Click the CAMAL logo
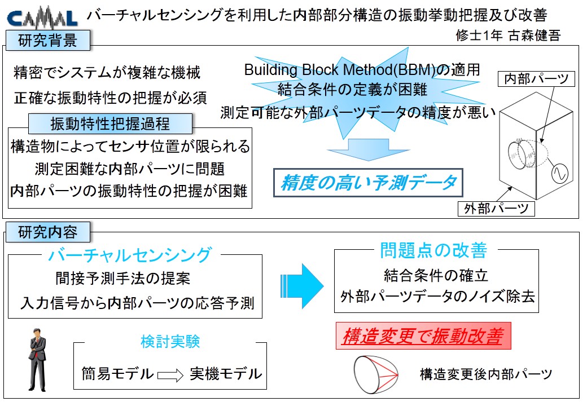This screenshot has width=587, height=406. click(x=42, y=18)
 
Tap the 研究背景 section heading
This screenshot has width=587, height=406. click(x=47, y=41)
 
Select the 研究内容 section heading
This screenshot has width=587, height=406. click(x=47, y=232)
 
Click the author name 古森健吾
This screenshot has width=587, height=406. click(x=535, y=36)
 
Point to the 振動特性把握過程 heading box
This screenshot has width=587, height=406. click(x=111, y=123)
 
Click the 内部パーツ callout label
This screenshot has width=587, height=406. click(x=536, y=79)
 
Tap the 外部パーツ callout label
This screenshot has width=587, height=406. click(x=496, y=209)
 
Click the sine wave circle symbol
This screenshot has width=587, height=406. click(x=560, y=173)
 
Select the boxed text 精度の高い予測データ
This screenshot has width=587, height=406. click(x=369, y=183)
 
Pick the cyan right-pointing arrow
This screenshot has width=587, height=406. click(x=302, y=286)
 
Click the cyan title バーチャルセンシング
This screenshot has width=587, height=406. click(x=130, y=255)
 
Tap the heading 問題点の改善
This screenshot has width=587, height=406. click(x=433, y=250)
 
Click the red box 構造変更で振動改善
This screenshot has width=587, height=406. click(x=423, y=336)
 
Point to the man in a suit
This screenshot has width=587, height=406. click(x=37, y=360)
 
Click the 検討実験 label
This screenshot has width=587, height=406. click(x=170, y=341)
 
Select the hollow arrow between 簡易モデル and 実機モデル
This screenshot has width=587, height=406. click(x=170, y=374)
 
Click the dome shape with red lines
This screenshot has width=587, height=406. click(x=375, y=374)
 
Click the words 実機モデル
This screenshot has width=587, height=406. click(x=226, y=374)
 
